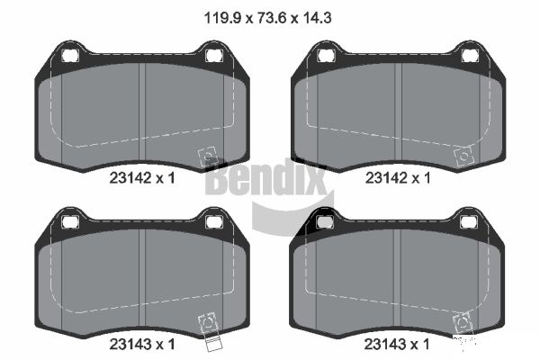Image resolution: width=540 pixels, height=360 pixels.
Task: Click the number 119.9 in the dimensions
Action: [x=223, y=18]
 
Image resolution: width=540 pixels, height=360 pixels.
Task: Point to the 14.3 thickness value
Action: [x=317, y=18]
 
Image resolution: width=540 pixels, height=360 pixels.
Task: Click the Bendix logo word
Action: [x=265, y=177]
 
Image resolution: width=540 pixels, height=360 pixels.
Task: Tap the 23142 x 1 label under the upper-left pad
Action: [x=142, y=178]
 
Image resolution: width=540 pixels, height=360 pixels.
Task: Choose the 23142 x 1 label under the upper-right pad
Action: [x=398, y=178]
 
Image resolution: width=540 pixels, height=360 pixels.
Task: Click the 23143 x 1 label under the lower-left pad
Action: [x=142, y=344]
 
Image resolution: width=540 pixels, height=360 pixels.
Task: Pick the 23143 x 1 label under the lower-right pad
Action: [x=397, y=344]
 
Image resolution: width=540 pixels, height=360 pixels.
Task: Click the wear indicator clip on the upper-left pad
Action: [x=208, y=157]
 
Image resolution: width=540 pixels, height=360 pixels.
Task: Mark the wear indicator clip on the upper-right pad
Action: [x=463, y=157]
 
